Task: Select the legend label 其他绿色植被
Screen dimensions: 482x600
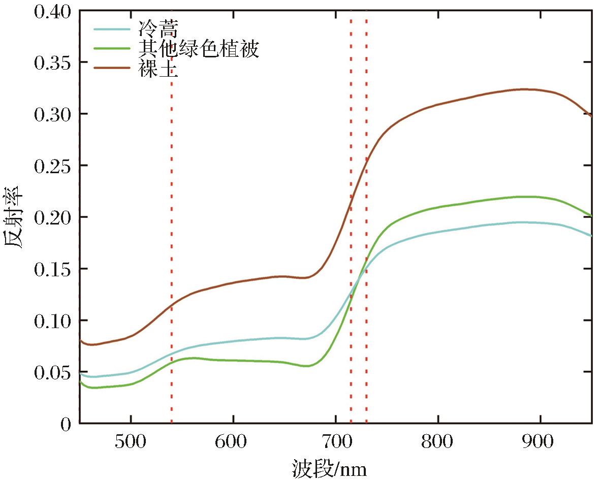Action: tap(199, 49)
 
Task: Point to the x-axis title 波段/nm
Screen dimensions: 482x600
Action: tap(329, 468)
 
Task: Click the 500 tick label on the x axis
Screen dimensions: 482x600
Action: tap(131, 442)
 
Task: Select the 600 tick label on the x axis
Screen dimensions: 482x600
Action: tap(233, 442)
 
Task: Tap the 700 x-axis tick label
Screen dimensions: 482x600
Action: tap(335, 442)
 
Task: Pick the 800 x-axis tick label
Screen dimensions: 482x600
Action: tap(437, 442)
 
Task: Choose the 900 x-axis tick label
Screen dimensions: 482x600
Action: tap(540, 442)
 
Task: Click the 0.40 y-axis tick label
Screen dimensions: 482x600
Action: tap(52, 11)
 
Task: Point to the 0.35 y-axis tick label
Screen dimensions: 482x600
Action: tap(52, 63)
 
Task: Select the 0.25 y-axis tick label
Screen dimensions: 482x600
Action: tap(52, 166)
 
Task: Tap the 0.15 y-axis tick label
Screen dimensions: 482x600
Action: tap(52, 269)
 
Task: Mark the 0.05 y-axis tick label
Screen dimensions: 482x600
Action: tap(52, 372)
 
